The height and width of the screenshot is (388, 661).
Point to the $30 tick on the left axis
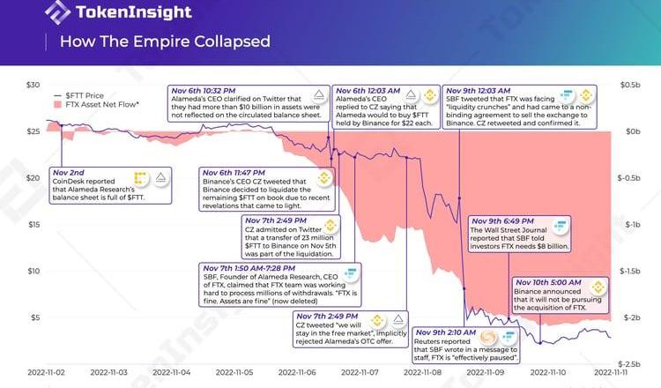33,85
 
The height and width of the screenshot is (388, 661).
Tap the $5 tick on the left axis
35,317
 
